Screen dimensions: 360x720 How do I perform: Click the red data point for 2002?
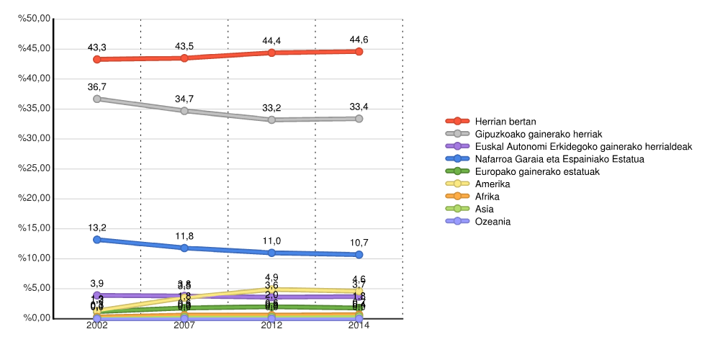point(96,59)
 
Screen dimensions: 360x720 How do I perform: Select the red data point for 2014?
point(359,52)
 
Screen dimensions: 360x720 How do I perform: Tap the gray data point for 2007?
point(184,111)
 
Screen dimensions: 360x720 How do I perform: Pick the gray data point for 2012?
point(271,120)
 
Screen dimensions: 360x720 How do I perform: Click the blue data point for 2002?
point(96,239)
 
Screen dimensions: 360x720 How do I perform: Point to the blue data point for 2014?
point(359,254)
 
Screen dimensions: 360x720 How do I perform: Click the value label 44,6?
point(359,40)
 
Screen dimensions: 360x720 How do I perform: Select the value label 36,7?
point(96,86)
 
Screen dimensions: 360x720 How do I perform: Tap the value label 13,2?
point(96,228)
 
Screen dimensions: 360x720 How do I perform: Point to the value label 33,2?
point(271,108)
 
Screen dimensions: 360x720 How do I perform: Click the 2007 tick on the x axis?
point(184,325)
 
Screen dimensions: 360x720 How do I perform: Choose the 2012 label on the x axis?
point(271,325)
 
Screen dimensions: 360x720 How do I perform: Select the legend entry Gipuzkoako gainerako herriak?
point(539,134)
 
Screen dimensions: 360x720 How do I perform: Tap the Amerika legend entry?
point(492,184)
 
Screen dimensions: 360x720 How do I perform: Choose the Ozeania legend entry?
point(492,221)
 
